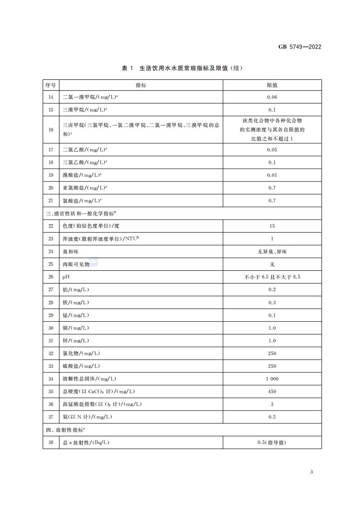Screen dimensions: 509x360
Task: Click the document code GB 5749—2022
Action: click(x=299, y=46)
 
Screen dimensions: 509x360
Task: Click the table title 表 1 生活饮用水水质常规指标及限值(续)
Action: click(x=180, y=69)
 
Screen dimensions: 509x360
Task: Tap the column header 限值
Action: click(x=272, y=85)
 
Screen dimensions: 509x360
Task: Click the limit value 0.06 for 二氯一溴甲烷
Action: click(x=272, y=97)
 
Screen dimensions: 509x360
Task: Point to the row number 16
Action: click(x=50, y=130)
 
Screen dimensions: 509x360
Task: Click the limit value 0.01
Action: click(x=272, y=175)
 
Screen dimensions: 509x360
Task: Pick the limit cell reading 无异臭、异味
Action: click(x=272, y=251)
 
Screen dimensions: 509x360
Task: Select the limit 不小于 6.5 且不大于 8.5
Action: click(x=272, y=277)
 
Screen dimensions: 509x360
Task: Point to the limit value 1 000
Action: click(x=272, y=379)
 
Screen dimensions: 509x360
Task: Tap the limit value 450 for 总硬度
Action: click(x=272, y=392)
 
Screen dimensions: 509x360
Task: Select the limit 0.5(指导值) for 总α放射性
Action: click(x=272, y=442)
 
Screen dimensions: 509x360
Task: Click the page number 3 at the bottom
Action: click(x=311, y=472)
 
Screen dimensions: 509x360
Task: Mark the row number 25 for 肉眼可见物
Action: click(x=50, y=264)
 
